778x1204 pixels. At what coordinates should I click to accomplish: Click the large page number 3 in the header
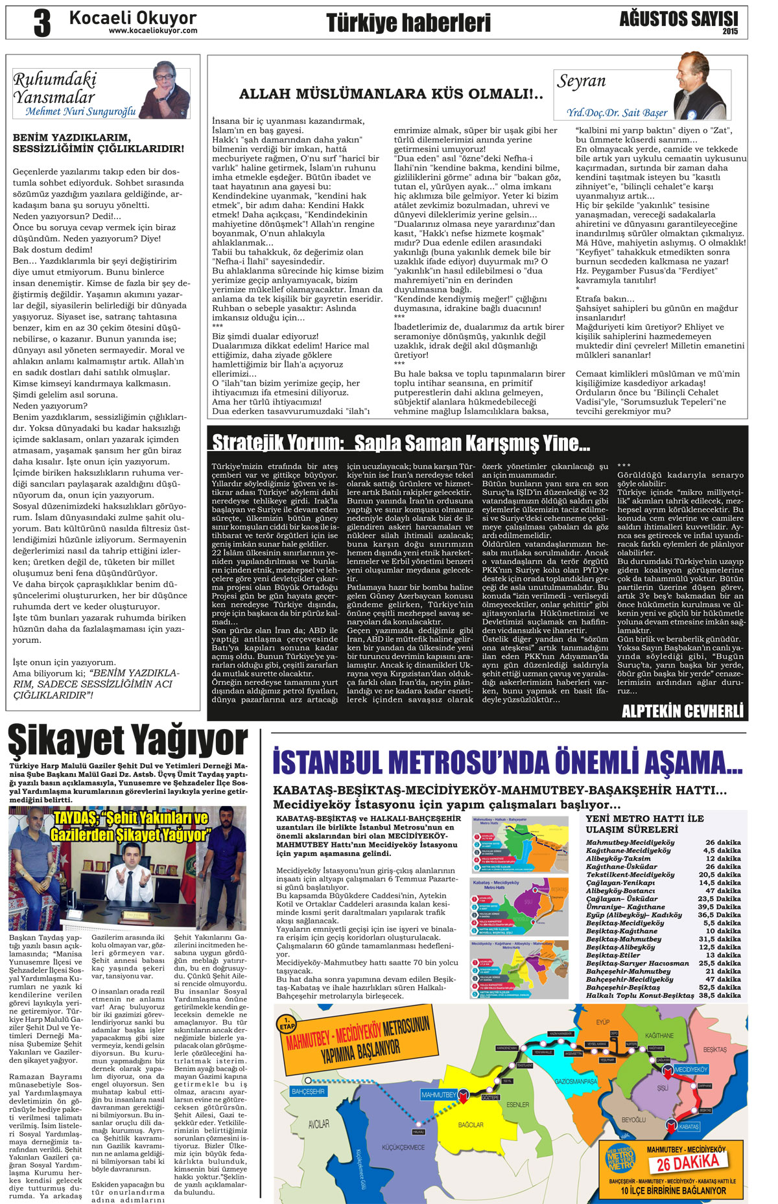[x=41, y=23]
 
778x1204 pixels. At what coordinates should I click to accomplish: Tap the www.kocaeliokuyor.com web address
[x=153, y=30]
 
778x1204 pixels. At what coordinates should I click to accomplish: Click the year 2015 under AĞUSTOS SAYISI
[x=730, y=30]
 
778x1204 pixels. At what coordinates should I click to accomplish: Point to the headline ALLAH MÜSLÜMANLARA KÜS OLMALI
[x=391, y=95]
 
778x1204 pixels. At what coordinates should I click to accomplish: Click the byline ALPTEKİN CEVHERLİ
[x=682, y=711]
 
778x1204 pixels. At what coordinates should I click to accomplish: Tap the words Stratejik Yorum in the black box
[x=277, y=443]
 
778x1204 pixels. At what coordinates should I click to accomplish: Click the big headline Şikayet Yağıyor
[x=128, y=741]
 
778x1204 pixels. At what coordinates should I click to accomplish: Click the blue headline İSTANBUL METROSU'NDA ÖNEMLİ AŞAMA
[x=508, y=762]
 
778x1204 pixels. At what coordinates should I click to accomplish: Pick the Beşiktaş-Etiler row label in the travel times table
[x=613, y=955]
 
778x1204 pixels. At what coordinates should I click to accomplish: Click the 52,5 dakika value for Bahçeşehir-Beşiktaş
[x=720, y=988]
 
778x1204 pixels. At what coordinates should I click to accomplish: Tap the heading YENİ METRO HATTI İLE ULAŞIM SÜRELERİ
[x=644, y=824]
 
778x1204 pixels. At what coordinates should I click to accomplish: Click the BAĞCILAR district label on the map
[x=471, y=1124]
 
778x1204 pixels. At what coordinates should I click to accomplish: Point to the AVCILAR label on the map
[x=318, y=1124]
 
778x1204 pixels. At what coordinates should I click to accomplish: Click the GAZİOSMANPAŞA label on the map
[x=575, y=1082]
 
